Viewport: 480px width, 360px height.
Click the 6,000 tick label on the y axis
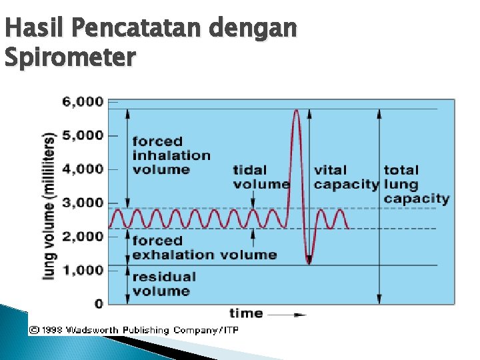click(83, 102)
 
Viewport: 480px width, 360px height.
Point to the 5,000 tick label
click(83, 135)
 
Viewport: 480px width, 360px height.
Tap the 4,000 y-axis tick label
click(83, 169)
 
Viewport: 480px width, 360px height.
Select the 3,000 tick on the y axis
click(83, 203)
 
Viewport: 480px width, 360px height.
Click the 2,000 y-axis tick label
click(83, 237)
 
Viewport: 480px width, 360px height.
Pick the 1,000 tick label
click(83, 270)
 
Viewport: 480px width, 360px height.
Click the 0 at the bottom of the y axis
click(99, 304)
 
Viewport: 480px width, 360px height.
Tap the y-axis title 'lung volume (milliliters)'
click(49, 205)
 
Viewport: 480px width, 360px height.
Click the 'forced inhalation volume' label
click(171, 155)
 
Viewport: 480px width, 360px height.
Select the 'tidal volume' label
click(261, 177)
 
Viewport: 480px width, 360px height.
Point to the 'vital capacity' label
click(346, 177)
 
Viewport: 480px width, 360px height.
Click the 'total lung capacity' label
click(416, 184)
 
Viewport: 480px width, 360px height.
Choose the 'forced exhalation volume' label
click(203, 247)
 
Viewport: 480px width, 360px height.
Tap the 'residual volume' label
click(164, 283)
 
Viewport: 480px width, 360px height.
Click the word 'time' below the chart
click(246, 313)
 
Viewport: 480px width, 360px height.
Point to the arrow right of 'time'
click(287, 314)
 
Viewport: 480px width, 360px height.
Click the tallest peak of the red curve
click(296, 111)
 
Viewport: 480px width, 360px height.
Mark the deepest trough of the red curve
click(309, 262)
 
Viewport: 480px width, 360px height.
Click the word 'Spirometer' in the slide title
click(69, 57)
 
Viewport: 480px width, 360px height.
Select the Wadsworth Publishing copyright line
click(133, 330)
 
